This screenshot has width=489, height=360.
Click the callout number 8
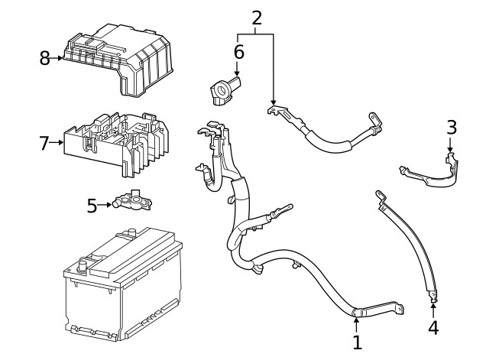coord(44,58)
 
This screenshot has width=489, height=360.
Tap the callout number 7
coord(44,143)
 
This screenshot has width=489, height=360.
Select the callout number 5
coord(92,206)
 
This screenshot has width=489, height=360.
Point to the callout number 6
coord(238,52)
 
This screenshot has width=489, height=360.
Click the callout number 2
coord(257,18)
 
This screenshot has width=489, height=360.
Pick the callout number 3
coord(452,128)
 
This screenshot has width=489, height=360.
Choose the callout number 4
coord(433,329)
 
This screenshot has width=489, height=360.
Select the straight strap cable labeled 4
coord(405,245)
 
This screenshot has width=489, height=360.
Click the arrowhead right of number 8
coord(60,58)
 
